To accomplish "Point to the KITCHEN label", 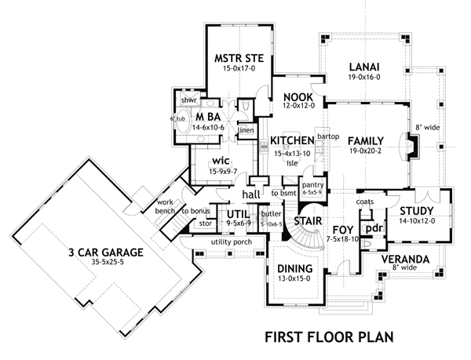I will click(x=292, y=140).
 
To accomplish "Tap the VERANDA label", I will click(x=405, y=258).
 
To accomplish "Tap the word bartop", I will click(x=327, y=136).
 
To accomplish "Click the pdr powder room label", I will click(x=373, y=228).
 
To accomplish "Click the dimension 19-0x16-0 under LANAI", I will click(x=364, y=78).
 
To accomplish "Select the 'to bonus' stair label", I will click(x=195, y=211).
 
